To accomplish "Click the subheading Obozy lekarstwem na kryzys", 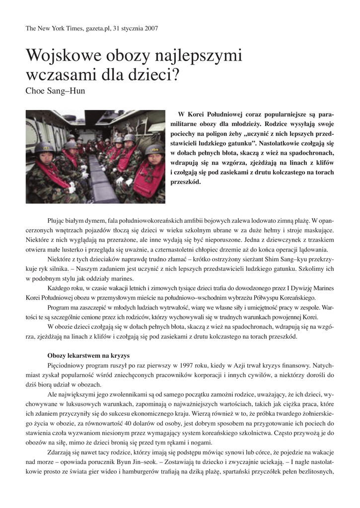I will [x=88, y=356].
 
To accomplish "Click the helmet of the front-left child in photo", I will [x=45, y=147].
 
